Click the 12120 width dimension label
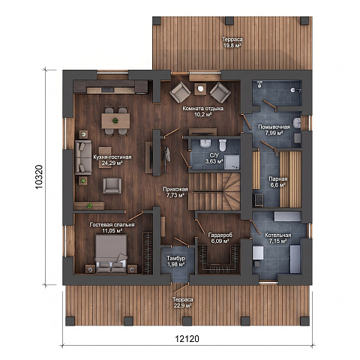(187, 339)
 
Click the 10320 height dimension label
(39, 177)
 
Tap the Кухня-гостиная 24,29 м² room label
(112, 160)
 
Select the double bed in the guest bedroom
(112, 253)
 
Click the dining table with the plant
(115, 121)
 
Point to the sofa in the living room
(83, 157)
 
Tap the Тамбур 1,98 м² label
(176, 261)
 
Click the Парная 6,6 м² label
(278, 182)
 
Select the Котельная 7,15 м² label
(278, 238)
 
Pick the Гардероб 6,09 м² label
(220, 238)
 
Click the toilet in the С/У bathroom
(223, 145)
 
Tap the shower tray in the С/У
(232, 163)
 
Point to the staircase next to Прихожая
(214, 192)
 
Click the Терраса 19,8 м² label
(232, 42)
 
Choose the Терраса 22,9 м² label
(182, 302)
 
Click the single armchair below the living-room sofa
(112, 186)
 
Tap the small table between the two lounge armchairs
(200, 89)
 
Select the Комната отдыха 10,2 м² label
(202, 112)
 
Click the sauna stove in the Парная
(258, 200)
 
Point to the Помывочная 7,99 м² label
(274, 130)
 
